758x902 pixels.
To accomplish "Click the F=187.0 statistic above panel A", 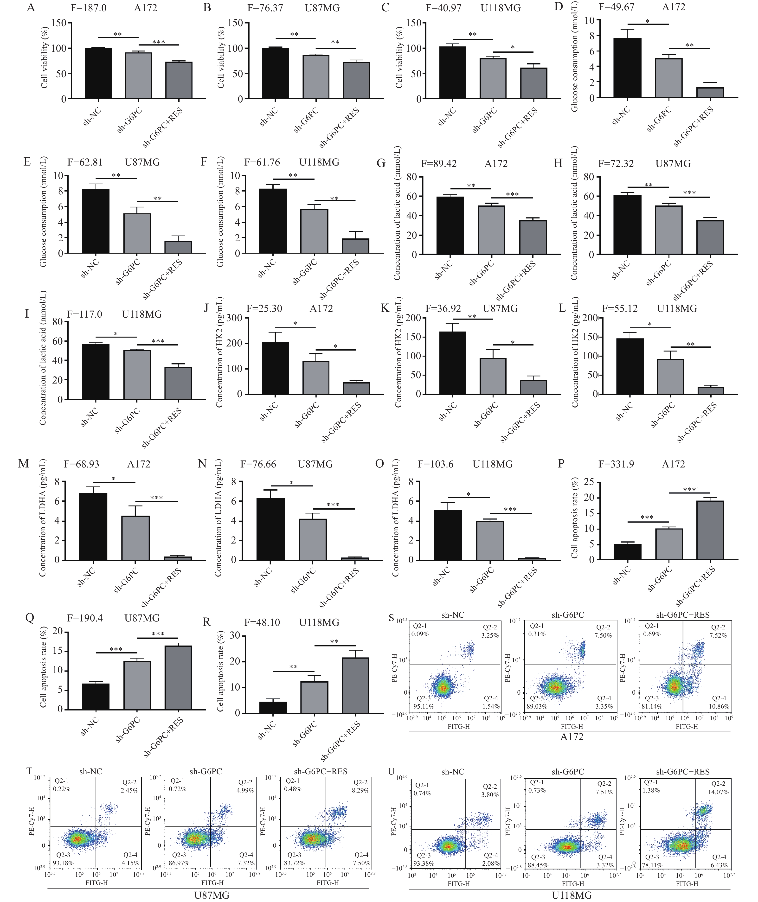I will point(89,8).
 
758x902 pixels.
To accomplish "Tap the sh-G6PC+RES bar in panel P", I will point(710,531).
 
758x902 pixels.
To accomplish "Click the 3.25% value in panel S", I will point(490,635).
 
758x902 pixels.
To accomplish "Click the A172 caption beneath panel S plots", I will point(572,737).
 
